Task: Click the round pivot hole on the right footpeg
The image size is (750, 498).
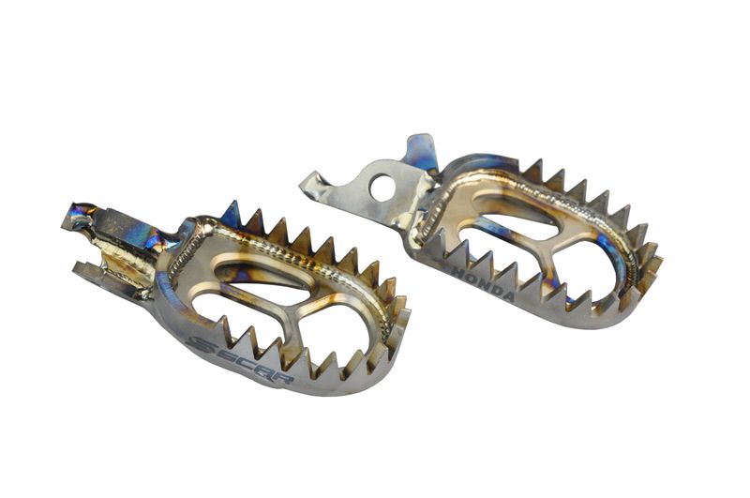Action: (382, 189)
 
